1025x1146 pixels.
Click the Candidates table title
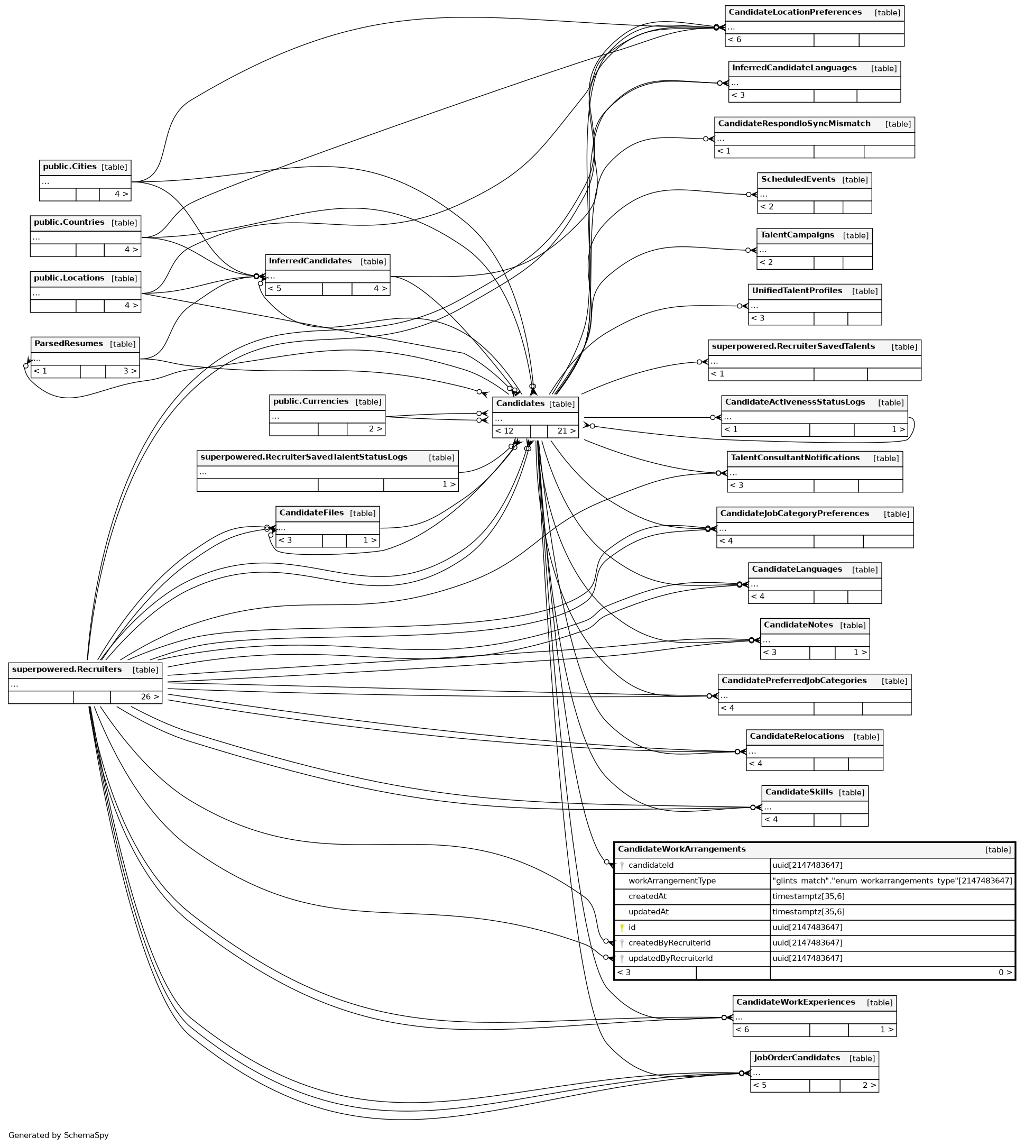click(520, 404)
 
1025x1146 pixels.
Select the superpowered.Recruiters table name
click(67, 670)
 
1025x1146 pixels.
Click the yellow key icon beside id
click(622, 928)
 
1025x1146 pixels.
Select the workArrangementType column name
click(672, 881)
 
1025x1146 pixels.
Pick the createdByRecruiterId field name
click(670, 943)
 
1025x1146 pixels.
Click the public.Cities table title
click(70, 167)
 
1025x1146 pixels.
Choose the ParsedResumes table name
click(69, 344)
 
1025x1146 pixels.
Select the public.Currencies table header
click(311, 402)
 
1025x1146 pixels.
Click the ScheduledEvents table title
click(798, 180)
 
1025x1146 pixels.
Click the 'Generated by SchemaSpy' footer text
click(59, 1135)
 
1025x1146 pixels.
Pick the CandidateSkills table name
click(799, 793)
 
